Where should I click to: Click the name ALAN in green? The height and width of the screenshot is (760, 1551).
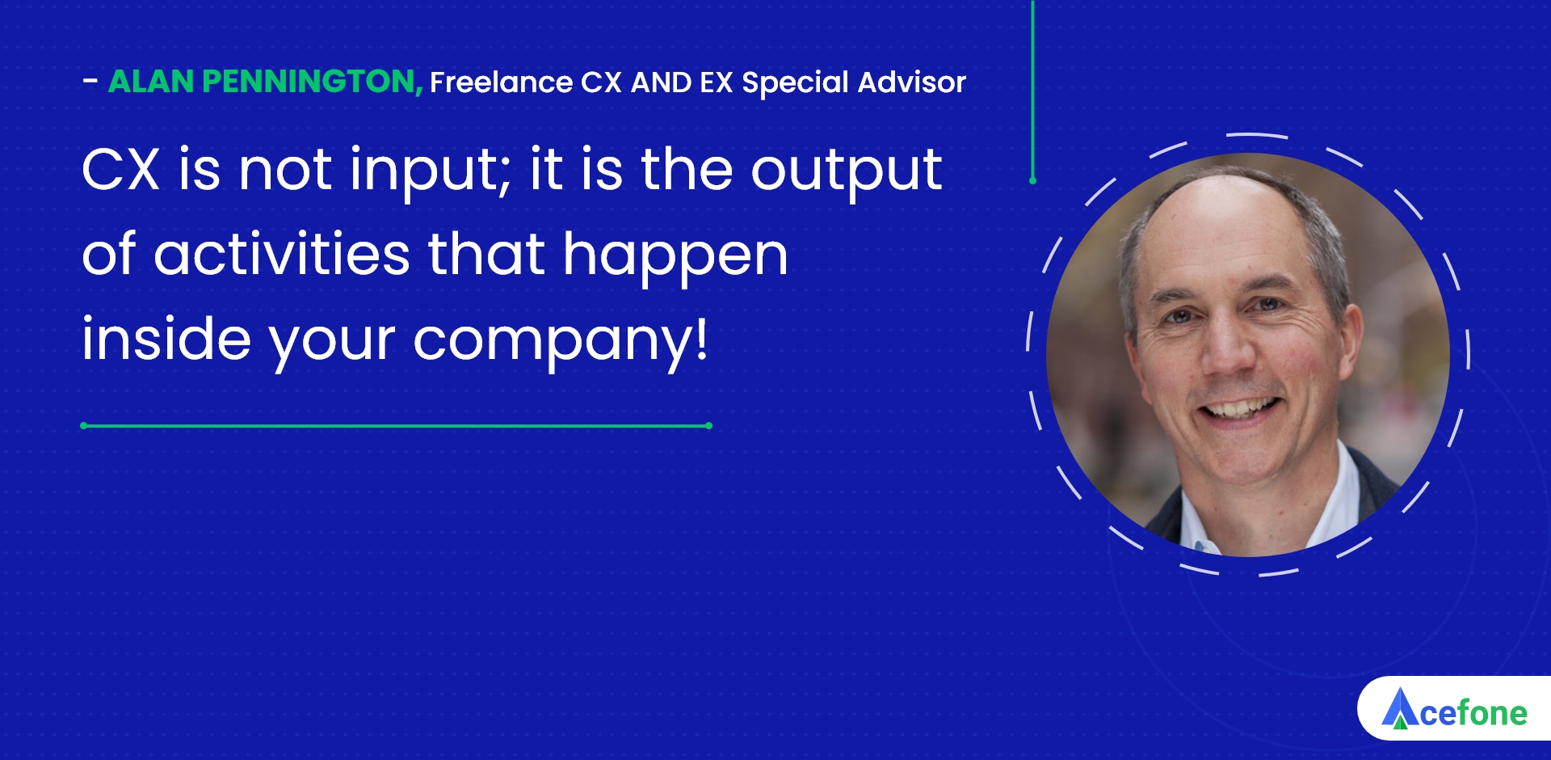(151, 82)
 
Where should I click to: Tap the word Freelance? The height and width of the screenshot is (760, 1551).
(502, 82)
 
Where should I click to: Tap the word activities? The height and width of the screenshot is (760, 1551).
(282, 254)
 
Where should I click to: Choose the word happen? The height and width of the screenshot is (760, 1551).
(675, 257)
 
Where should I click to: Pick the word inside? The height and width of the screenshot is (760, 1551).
(166, 337)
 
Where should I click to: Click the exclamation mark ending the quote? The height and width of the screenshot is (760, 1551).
(701, 337)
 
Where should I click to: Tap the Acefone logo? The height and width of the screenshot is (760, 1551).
(1454, 709)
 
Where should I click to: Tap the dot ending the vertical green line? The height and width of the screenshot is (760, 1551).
(1032, 180)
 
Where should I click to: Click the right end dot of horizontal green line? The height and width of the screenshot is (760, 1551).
(708, 425)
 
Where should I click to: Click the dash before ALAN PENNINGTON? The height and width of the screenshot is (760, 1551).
(90, 81)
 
